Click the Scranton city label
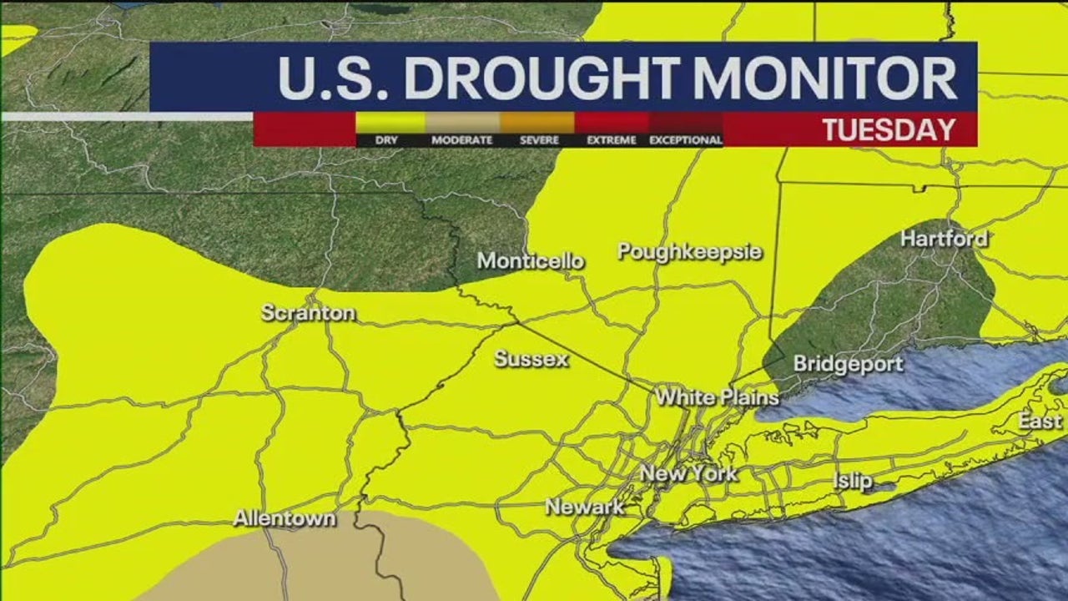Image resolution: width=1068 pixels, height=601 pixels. [308, 313]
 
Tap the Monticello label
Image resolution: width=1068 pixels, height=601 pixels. [531, 261]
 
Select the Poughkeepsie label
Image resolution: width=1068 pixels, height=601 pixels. [689, 251]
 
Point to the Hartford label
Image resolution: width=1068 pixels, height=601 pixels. [944, 239]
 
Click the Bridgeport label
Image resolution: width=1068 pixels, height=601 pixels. [848, 364]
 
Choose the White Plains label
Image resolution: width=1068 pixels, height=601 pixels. [717, 397]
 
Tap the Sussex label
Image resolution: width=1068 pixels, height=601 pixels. [531, 360]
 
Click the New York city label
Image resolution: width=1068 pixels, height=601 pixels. [688, 474]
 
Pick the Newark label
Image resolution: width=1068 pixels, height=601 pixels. [584, 507]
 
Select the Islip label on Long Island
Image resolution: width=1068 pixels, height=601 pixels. [852, 481]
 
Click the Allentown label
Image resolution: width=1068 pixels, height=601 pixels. [285, 518]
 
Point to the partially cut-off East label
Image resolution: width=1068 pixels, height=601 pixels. [1040, 422]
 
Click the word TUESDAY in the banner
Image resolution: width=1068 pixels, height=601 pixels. [889, 130]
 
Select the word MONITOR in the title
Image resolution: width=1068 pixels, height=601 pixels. [825, 78]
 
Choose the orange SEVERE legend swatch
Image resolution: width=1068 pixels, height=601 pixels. [538, 123]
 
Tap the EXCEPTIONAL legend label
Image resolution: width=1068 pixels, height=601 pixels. [686, 140]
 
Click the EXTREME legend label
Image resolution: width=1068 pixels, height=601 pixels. [612, 140]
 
